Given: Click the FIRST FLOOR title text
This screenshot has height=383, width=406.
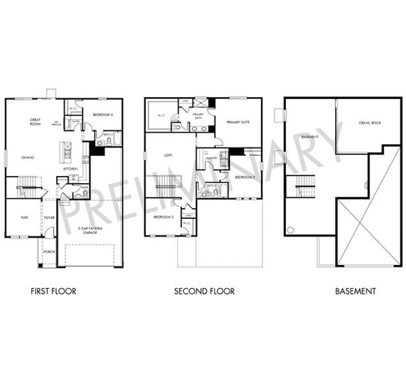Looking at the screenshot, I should (54, 291).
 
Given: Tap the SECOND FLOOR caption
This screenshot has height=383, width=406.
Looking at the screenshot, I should (204, 291).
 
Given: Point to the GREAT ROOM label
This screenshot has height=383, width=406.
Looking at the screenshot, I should (36, 121).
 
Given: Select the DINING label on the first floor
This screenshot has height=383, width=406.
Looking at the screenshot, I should (27, 157).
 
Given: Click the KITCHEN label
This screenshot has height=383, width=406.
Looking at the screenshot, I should (70, 169).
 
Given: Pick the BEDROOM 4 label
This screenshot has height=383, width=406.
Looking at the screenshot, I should (102, 114).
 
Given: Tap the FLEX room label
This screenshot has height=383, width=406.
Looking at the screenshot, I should (24, 218).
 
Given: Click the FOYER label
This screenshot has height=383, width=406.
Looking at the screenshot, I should (49, 218).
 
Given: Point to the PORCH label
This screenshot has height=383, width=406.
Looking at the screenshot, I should (49, 252).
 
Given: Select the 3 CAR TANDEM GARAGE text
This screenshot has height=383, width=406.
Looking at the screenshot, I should (89, 230).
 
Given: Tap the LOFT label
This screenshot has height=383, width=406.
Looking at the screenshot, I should (169, 154).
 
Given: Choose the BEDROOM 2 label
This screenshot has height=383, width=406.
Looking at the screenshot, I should (244, 177).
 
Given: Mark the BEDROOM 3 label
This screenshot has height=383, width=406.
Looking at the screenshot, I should (163, 218).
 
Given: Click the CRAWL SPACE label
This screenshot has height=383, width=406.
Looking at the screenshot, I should (370, 123).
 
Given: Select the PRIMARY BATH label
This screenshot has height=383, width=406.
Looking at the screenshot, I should (199, 116).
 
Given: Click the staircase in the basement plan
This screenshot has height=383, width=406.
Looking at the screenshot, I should (303, 186).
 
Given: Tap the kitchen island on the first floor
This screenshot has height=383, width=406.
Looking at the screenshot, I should (65, 151).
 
